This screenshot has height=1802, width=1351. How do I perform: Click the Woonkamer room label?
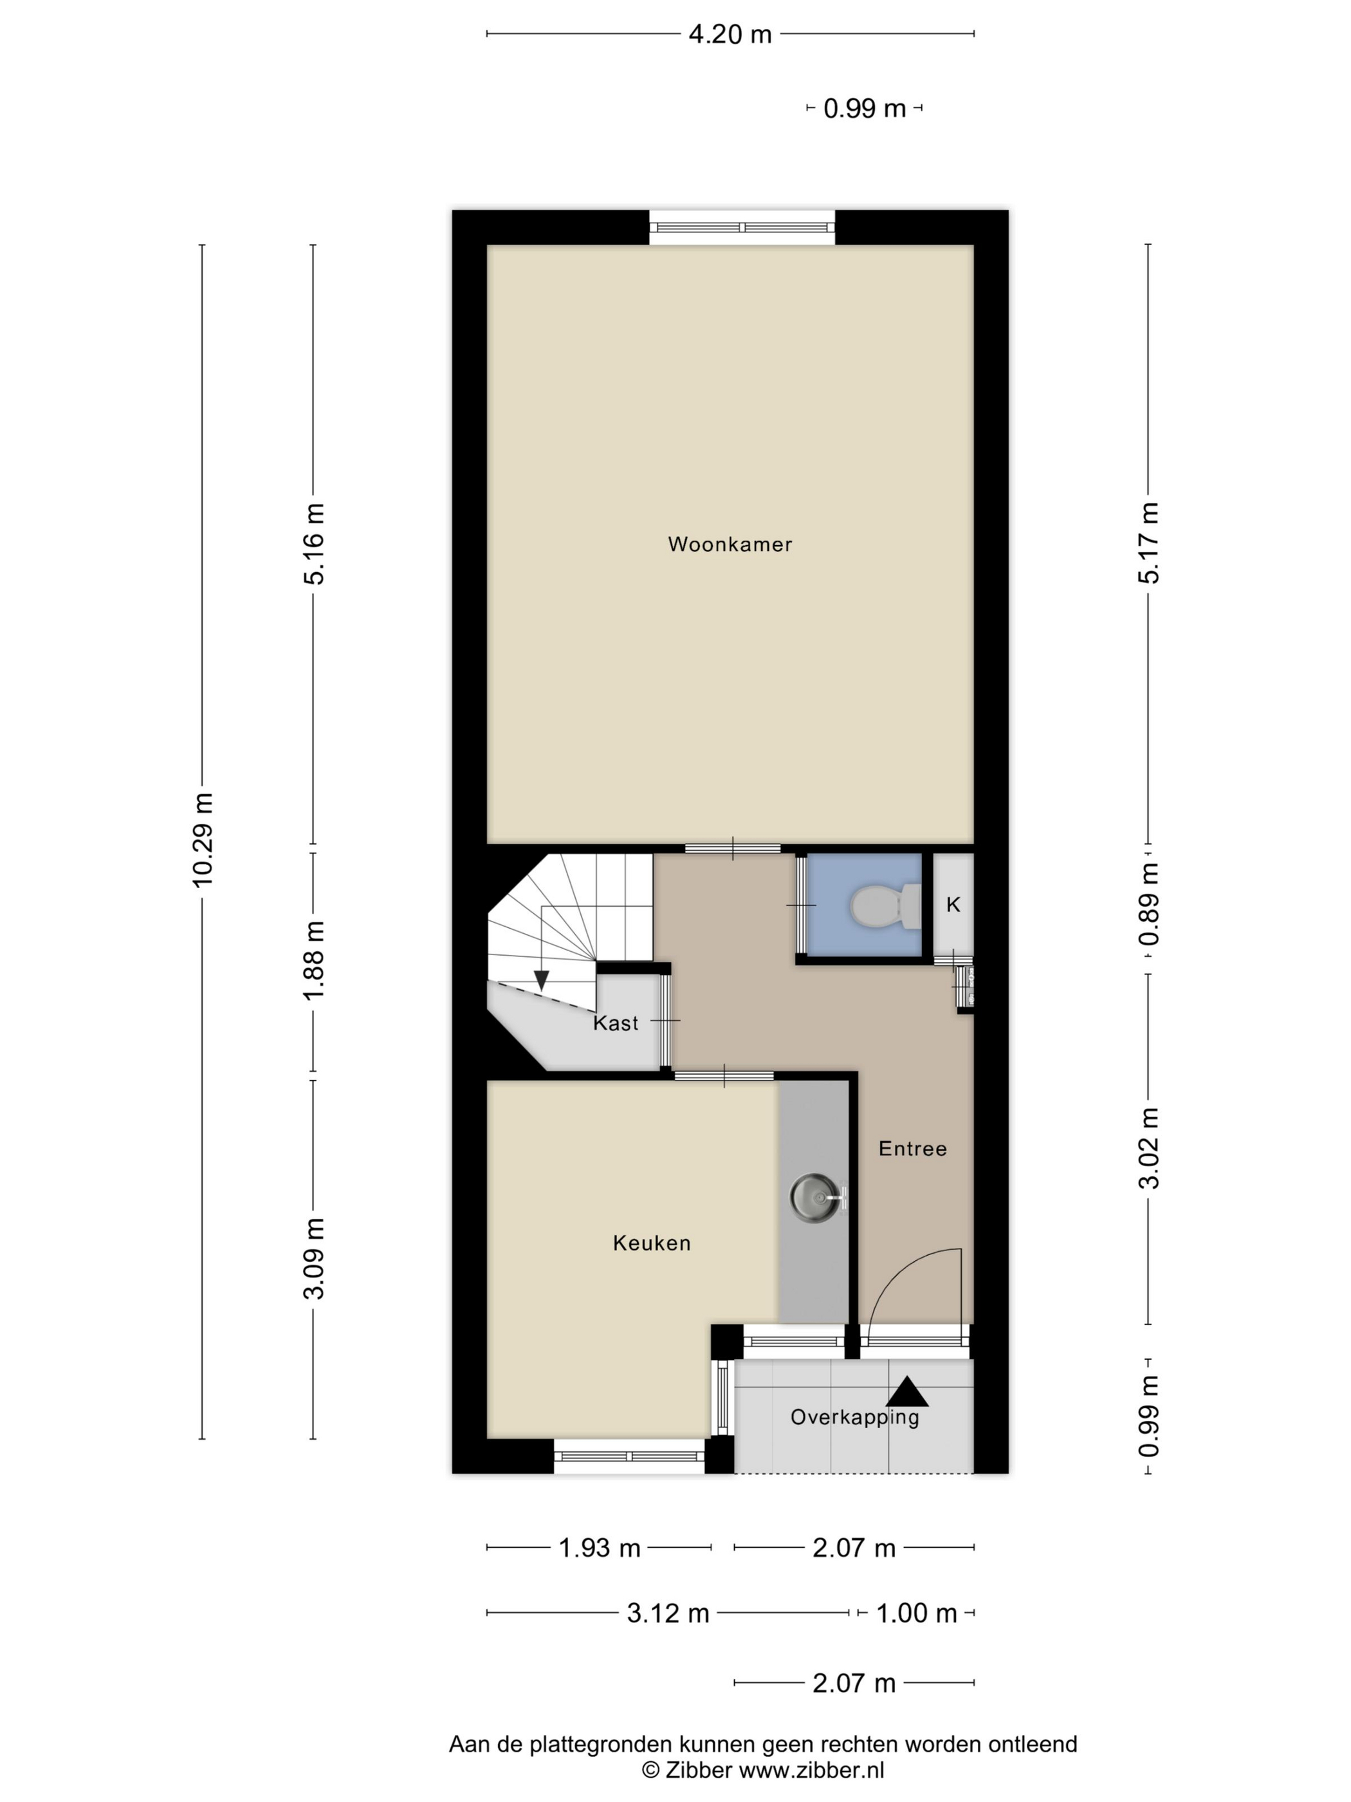(730, 544)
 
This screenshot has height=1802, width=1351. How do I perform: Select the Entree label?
(913, 1149)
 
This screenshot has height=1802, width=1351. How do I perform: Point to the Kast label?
(616, 1023)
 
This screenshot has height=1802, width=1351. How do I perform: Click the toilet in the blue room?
(885, 906)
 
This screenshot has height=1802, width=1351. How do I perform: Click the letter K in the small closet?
(953, 904)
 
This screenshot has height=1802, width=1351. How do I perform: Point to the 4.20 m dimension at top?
(730, 34)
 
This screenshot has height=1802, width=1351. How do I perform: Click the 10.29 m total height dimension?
(202, 840)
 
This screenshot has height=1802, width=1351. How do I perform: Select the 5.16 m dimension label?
(313, 543)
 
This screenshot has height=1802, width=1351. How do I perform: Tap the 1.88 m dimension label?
(313, 961)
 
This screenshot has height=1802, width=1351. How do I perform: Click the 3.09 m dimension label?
(313, 1259)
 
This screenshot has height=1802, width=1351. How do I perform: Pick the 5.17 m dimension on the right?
(1148, 543)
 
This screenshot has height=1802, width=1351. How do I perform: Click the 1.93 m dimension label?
(600, 1548)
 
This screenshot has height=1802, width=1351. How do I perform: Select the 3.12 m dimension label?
(668, 1613)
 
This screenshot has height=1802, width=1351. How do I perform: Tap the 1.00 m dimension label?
(916, 1613)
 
